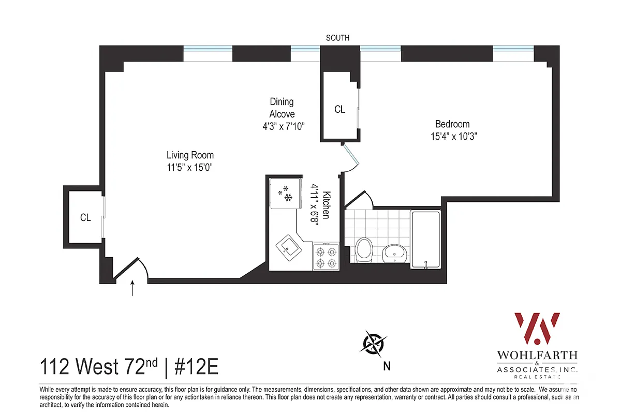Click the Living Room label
[x=190, y=155]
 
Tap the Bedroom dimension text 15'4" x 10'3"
[x=452, y=137]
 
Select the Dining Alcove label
[x=282, y=108]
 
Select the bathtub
[x=425, y=239]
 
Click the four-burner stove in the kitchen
[x=326, y=256]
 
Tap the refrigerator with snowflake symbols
[x=286, y=194]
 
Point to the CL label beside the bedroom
[x=339, y=109]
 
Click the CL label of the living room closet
[x=85, y=218]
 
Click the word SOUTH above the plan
[x=337, y=38]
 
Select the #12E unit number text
[x=196, y=367]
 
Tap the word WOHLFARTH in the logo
[x=537, y=357]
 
